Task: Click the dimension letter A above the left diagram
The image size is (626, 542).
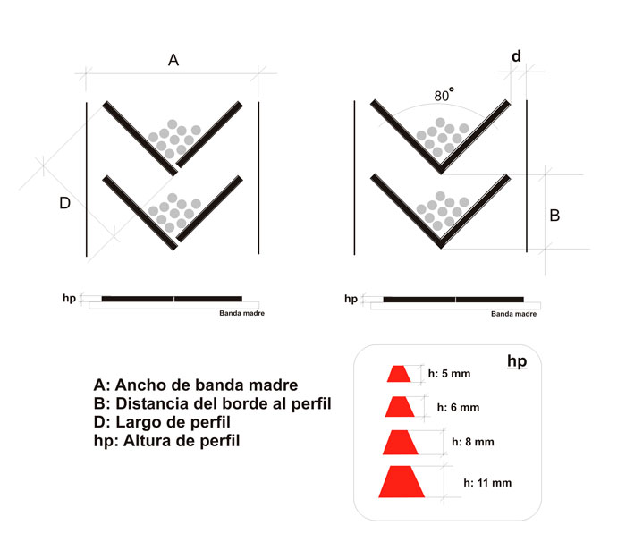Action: (173, 60)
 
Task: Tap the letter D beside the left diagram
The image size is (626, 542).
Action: (64, 203)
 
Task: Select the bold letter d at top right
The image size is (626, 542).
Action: (516, 56)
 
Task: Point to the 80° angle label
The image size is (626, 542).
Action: (444, 95)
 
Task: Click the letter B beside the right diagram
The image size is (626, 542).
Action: (554, 216)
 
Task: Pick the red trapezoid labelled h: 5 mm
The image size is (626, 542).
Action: (399, 374)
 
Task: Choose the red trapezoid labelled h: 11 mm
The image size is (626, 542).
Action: (402, 481)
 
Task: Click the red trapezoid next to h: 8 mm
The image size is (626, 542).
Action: (401, 443)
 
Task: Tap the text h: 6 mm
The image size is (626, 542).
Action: (458, 408)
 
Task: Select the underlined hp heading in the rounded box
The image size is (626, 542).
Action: (517, 361)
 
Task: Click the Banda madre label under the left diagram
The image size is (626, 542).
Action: (242, 313)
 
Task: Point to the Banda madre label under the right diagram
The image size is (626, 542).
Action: (514, 314)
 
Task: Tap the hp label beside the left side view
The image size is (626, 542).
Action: (69, 299)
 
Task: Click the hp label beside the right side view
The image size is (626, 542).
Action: (351, 299)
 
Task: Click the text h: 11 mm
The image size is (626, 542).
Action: (487, 483)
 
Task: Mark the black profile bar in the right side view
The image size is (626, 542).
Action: (453, 300)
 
